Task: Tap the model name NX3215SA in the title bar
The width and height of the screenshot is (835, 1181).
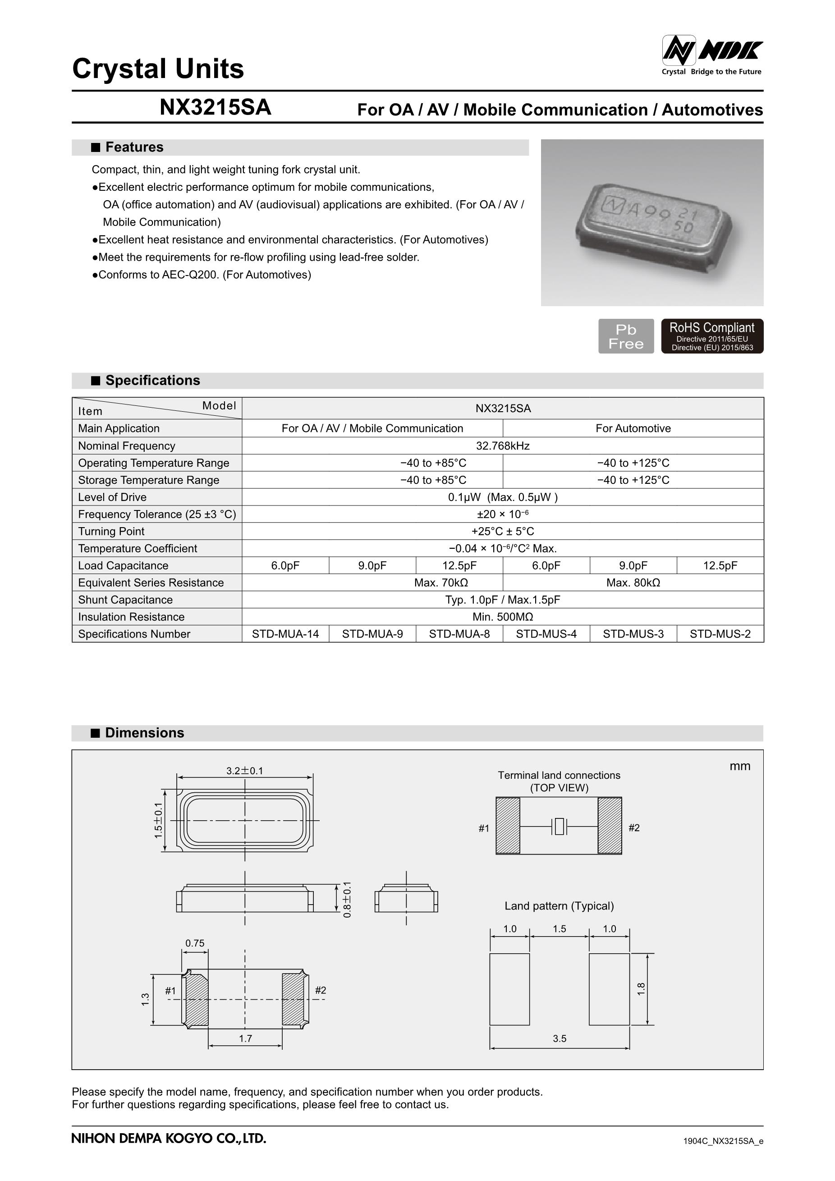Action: (215, 107)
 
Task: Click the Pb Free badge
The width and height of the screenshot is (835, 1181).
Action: (626, 336)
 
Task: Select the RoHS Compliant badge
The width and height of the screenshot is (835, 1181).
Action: (711, 336)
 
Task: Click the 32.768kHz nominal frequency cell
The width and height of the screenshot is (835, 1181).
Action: (502, 446)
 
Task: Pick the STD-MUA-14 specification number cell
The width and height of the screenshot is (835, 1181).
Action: (285, 634)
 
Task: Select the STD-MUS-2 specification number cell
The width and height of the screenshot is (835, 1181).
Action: (720, 634)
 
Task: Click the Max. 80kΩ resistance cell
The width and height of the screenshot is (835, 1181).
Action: (633, 583)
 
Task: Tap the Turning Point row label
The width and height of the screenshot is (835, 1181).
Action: (111, 531)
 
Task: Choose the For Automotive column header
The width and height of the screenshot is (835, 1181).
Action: (633, 428)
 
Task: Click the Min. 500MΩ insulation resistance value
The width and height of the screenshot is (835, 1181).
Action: (502, 617)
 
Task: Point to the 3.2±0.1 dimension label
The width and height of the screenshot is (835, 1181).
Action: (245, 771)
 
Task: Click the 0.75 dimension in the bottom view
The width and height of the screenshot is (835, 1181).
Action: (195, 943)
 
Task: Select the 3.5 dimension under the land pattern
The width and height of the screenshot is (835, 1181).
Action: (560, 1039)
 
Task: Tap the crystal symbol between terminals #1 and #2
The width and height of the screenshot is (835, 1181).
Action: (559, 827)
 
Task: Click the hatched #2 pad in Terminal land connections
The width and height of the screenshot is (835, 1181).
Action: (610, 826)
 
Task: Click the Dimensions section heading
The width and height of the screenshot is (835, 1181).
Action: (144, 733)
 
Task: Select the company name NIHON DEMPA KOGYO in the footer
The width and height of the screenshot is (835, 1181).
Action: (169, 1138)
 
